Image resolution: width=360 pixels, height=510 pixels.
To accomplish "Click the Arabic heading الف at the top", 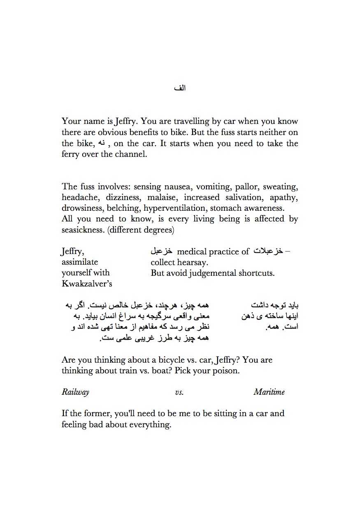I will pos(180,88).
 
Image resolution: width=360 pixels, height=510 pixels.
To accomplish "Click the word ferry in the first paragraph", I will pos(70,155).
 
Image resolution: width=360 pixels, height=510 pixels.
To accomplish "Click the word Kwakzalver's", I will pos(87,284).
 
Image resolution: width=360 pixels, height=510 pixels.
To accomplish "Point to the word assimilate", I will pos(80,262).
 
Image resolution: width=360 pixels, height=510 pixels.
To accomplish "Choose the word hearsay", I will pos(193,262).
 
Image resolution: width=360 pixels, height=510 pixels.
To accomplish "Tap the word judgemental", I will pos(214,273).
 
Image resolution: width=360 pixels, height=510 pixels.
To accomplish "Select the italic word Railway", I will pos(75,392).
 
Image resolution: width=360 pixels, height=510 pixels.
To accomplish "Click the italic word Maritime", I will pos(269,392).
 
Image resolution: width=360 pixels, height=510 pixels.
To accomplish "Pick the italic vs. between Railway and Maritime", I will pos(179,392).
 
